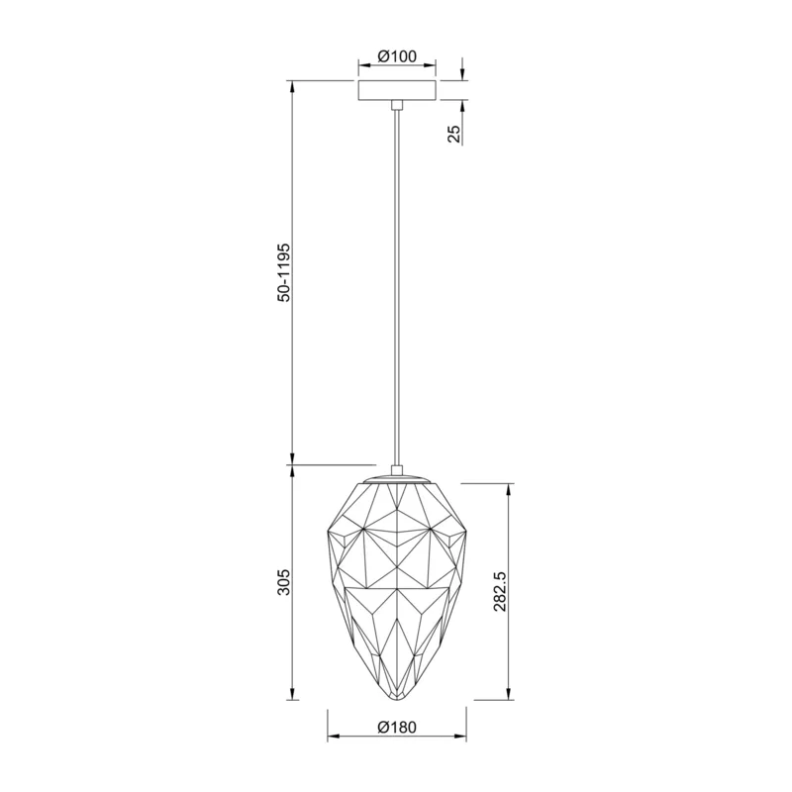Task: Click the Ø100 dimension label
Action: tap(397, 55)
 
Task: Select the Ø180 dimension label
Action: tap(397, 727)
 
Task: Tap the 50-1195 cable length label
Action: tap(284, 272)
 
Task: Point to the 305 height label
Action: tap(284, 582)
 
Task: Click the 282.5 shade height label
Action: tap(500, 592)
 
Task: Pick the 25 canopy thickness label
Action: tap(454, 134)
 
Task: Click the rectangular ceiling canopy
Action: tap(397, 90)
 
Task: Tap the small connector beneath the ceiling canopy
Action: tap(397, 105)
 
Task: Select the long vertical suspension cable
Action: tap(397, 287)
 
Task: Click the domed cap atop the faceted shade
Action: tap(397, 478)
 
